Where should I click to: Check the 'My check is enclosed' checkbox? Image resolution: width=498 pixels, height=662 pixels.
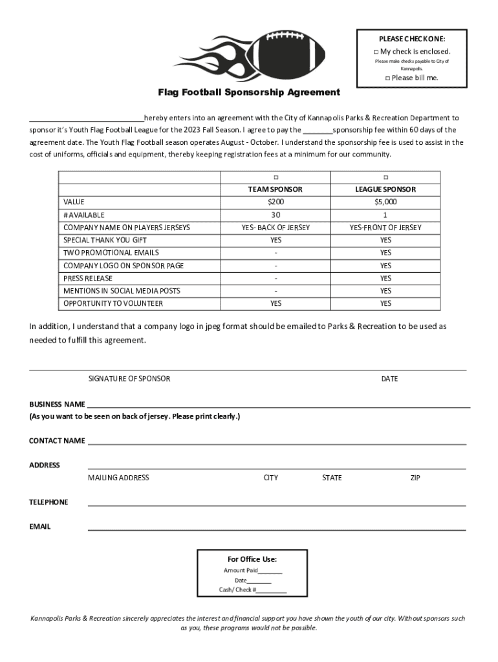[376, 52]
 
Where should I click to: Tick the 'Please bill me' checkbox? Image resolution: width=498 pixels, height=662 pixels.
[387, 78]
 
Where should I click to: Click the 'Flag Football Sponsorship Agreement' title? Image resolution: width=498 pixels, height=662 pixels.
[250, 92]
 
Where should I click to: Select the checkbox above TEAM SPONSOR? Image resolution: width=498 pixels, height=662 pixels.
[276, 177]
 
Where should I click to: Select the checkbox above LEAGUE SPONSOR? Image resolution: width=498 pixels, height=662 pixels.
[385, 177]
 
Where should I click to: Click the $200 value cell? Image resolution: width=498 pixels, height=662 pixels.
[276, 202]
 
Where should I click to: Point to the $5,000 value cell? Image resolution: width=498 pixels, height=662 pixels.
[385, 202]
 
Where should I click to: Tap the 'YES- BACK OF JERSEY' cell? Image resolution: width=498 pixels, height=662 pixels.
[276, 228]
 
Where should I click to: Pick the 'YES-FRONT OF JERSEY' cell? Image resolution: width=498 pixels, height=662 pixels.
[385, 228]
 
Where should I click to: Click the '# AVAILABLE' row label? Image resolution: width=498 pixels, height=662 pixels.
[83, 215]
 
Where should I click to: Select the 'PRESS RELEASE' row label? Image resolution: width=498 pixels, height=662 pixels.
[87, 278]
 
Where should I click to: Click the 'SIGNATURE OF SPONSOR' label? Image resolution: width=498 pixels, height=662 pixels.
[129, 379]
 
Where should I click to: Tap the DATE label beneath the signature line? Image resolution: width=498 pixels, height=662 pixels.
[389, 379]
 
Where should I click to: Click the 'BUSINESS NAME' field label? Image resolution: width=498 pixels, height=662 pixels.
[57, 404]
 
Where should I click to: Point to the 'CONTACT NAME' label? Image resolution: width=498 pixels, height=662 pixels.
[57, 441]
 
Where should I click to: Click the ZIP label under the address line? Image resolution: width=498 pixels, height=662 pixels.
[415, 478]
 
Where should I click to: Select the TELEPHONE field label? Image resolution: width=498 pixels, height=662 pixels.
[49, 502]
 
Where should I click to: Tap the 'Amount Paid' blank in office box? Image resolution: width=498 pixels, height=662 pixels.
[270, 571]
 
